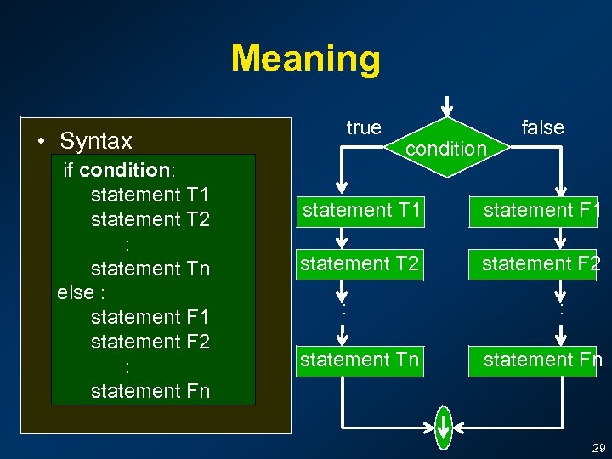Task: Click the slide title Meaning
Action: [x=305, y=59]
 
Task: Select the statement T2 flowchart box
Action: [x=360, y=264]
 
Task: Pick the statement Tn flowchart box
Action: [x=360, y=360]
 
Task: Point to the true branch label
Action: [x=364, y=127]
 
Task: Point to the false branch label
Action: [x=542, y=127]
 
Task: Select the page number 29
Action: [x=598, y=448]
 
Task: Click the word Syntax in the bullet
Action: [x=96, y=140]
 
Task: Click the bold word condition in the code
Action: [x=124, y=169]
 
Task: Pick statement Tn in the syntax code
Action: [x=150, y=269]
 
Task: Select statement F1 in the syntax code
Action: [x=150, y=317]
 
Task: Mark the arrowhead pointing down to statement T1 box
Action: [x=341, y=188]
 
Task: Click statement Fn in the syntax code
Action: [x=150, y=391]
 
